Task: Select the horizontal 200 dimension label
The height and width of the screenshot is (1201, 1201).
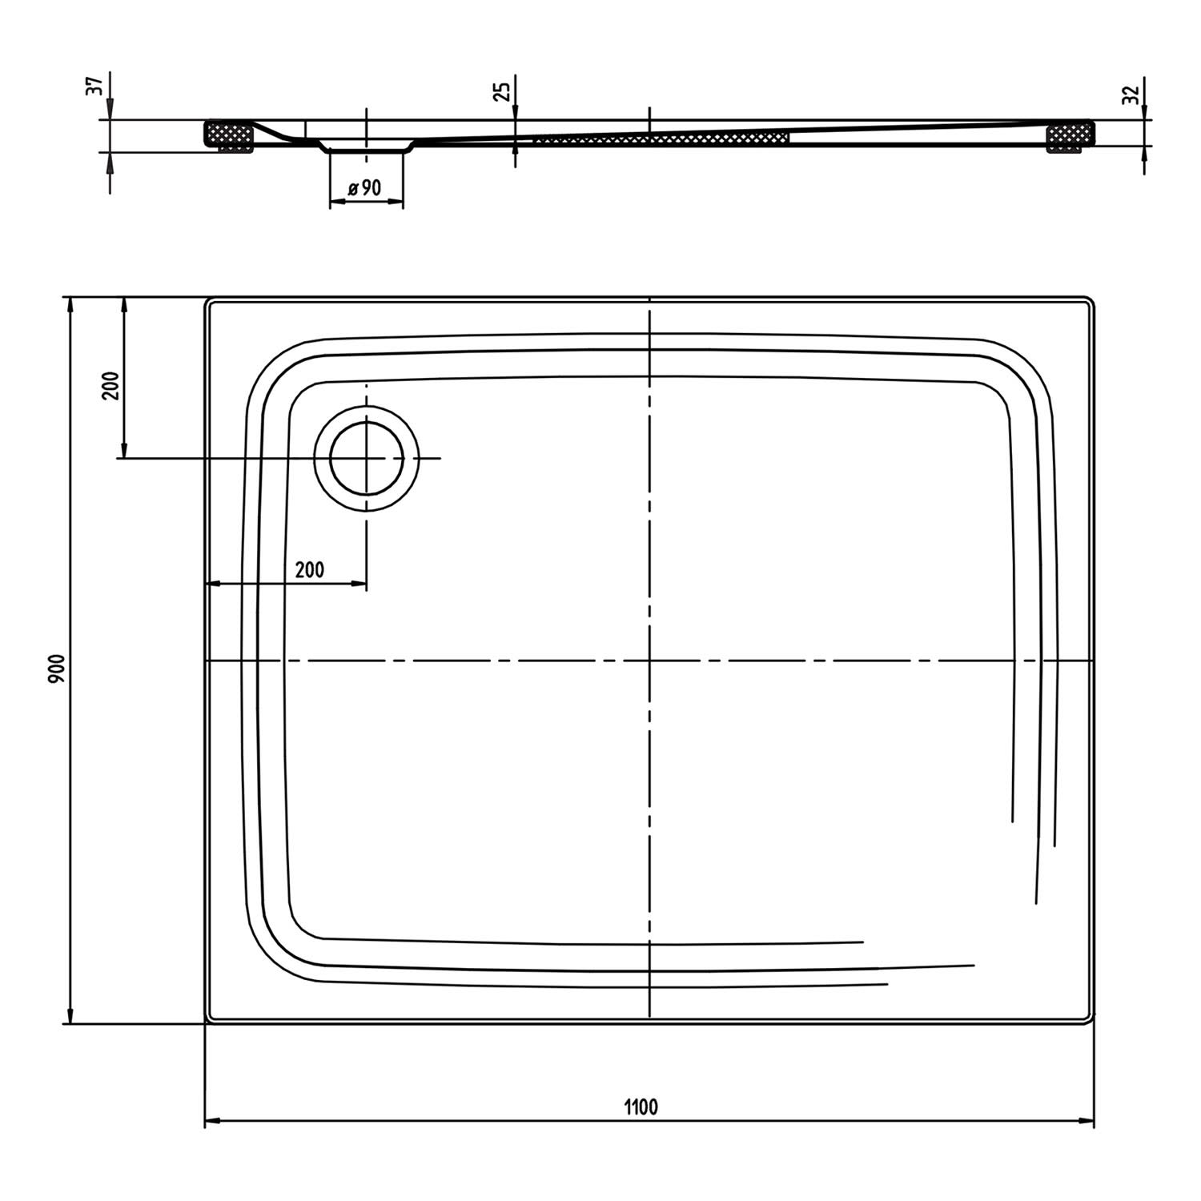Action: coord(310,569)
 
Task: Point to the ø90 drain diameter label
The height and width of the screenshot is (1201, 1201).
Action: coord(365,188)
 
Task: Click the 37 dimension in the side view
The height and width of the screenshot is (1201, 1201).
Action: coord(94,86)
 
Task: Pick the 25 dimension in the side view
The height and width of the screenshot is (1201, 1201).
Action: coord(502,90)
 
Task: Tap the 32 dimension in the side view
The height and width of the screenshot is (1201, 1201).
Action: coord(1131,95)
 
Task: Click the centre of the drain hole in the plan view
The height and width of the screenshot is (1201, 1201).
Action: coord(367,458)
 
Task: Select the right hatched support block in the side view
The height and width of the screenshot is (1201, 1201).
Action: coord(1070,135)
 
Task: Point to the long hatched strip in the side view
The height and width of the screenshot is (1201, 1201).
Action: coord(661,139)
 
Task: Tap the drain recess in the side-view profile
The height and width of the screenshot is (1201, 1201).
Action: coord(367,147)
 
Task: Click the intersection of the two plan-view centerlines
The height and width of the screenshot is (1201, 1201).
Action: coord(649,661)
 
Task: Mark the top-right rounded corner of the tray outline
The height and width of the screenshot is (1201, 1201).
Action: coord(1089,303)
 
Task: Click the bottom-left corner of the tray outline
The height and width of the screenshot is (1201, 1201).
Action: coord(207,1021)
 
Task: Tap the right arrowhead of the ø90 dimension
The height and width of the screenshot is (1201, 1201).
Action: coord(396,201)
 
